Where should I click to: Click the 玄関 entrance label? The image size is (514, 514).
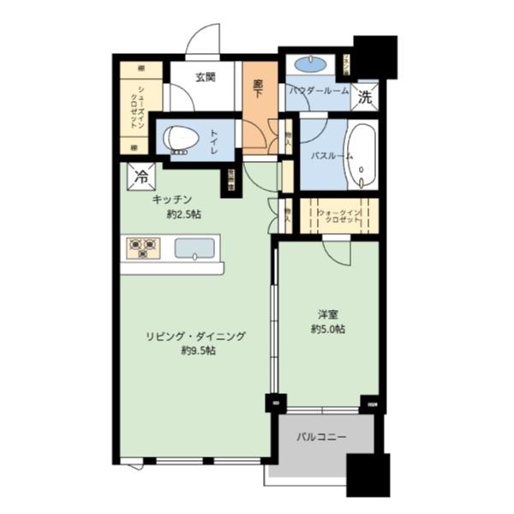pyautogui.click(x=205, y=77)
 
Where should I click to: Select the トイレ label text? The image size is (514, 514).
pyautogui.click(x=214, y=140)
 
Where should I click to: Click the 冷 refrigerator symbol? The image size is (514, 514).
pyautogui.click(x=140, y=177)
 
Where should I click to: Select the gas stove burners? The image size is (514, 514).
pyautogui.click(x=142, y=248)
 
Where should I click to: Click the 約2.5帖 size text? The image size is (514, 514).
pyautogui.click(x=183, y=214)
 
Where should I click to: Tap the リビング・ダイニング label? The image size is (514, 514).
pyautogui.click(x=195, y=337)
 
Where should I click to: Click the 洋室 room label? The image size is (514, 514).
pyautogui.click(x=329, y=314)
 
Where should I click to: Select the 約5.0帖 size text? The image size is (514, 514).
pyautogui.click(x=329, y=329)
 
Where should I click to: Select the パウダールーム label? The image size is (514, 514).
pyautogui.click(x=319, y=91)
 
